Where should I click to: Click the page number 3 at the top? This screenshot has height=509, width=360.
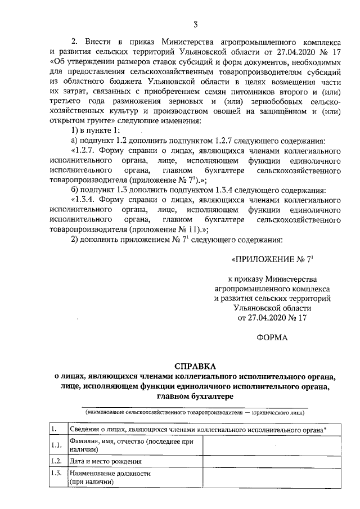195,24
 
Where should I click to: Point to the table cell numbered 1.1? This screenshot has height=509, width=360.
56,445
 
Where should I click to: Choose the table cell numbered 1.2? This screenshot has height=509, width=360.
56,461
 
